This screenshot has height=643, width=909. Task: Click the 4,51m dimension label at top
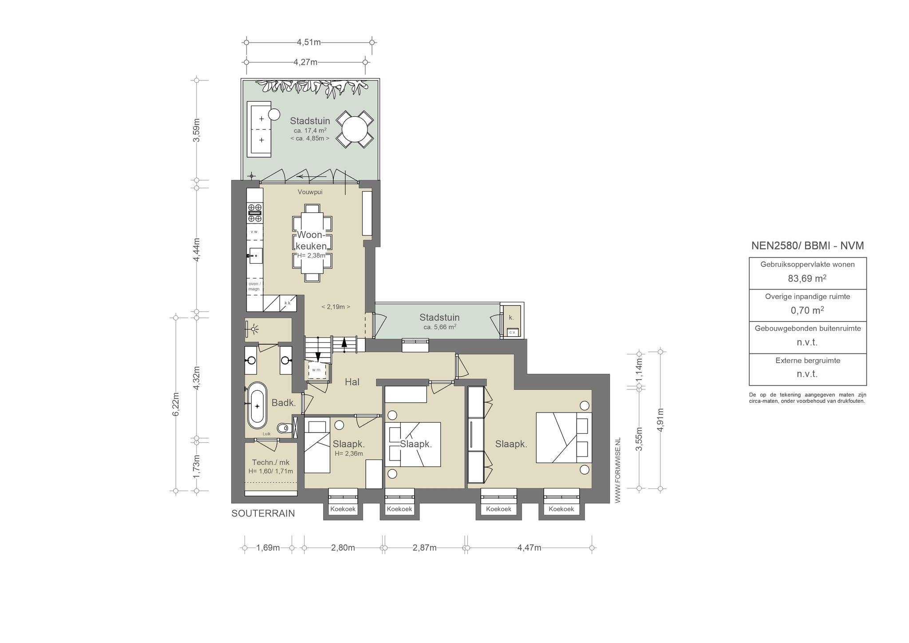(308, 42)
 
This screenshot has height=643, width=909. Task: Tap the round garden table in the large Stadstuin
(354, 129)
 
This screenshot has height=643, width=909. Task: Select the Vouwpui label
(310, 192)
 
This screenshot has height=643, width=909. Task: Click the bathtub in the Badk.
(257, 405)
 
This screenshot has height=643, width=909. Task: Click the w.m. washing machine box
(316, 370)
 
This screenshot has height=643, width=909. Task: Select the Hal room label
(352, 381)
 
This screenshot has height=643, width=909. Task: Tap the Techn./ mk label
(271, 462)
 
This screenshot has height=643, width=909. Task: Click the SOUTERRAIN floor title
(263, 513)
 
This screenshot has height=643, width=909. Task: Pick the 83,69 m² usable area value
(807, 278)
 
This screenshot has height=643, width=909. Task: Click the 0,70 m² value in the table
(807, 310)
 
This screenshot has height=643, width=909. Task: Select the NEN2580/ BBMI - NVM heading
(807, 246)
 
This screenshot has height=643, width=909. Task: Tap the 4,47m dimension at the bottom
(529, 548)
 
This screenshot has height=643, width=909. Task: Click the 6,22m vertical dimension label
(176, 405)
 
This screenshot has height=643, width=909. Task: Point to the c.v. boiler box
(512, 332)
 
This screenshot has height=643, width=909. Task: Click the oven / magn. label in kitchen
(254, 286)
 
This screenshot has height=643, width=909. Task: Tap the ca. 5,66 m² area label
(439, 327)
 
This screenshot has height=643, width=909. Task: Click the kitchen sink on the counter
(255, 256)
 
